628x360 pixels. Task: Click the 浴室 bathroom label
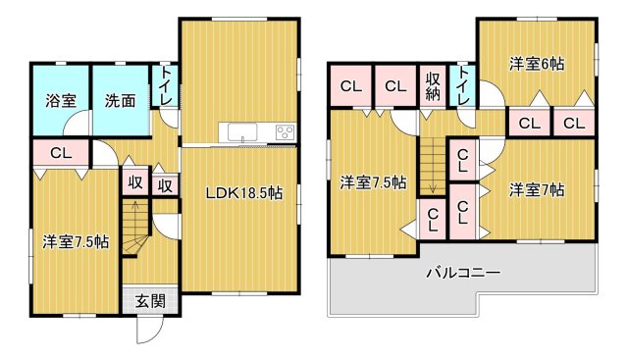[x=61, y=99]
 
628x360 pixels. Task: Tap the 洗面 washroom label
[x=121, y=99]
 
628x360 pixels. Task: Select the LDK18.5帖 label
[x=243, y=193]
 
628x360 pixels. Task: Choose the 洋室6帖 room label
[x=536, y=64]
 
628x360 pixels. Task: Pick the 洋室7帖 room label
[x=536, y=189]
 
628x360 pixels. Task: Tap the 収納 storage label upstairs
[x=434, y=86]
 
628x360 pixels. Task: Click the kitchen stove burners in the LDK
[x=285, y=132]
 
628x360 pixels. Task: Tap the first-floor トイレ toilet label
[x=166, y=86]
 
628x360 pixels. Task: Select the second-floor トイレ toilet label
[x=462, y=84]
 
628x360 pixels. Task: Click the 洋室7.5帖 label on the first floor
[x=75, y=240]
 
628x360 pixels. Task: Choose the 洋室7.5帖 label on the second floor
[x=373, y=182]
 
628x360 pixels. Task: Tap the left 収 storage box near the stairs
[x=134, y=183]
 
